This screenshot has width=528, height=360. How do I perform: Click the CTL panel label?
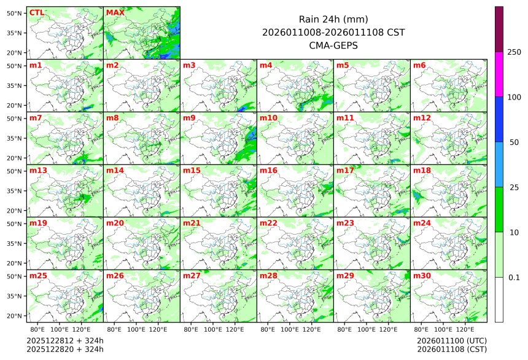point(37,12)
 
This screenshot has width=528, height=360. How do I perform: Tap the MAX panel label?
point(114,12)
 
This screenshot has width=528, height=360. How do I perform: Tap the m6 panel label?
point(419,65)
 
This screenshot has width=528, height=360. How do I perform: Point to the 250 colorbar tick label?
point(514,52)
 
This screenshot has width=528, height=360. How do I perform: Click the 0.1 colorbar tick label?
point(514,277)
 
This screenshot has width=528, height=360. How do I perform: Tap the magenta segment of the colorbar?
point(499,74)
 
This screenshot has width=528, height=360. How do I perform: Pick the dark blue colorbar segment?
point(499,119)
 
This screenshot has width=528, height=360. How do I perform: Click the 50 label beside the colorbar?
point(514,143)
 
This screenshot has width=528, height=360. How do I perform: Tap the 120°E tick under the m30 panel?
point(465,330)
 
